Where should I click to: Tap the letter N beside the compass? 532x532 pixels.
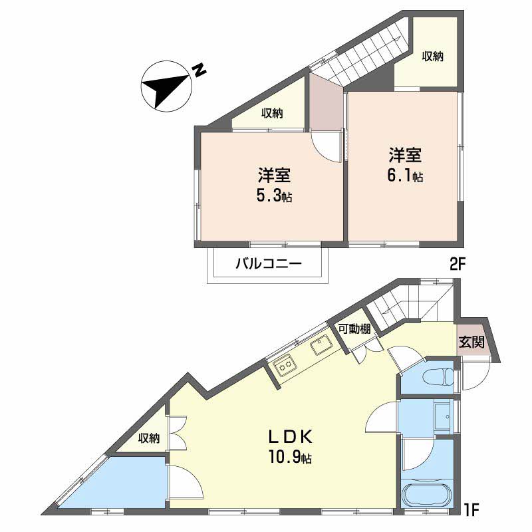pos(198,70)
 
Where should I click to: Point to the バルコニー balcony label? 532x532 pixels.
pos(268,264)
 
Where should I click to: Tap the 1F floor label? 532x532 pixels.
pos(471,512)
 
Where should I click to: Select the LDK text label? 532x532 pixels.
pos(290,436)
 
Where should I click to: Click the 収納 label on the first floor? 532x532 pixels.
pos(149,438)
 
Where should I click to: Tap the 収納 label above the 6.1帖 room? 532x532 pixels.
pos(432,57)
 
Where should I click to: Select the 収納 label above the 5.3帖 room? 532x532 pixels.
pos(271,114)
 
